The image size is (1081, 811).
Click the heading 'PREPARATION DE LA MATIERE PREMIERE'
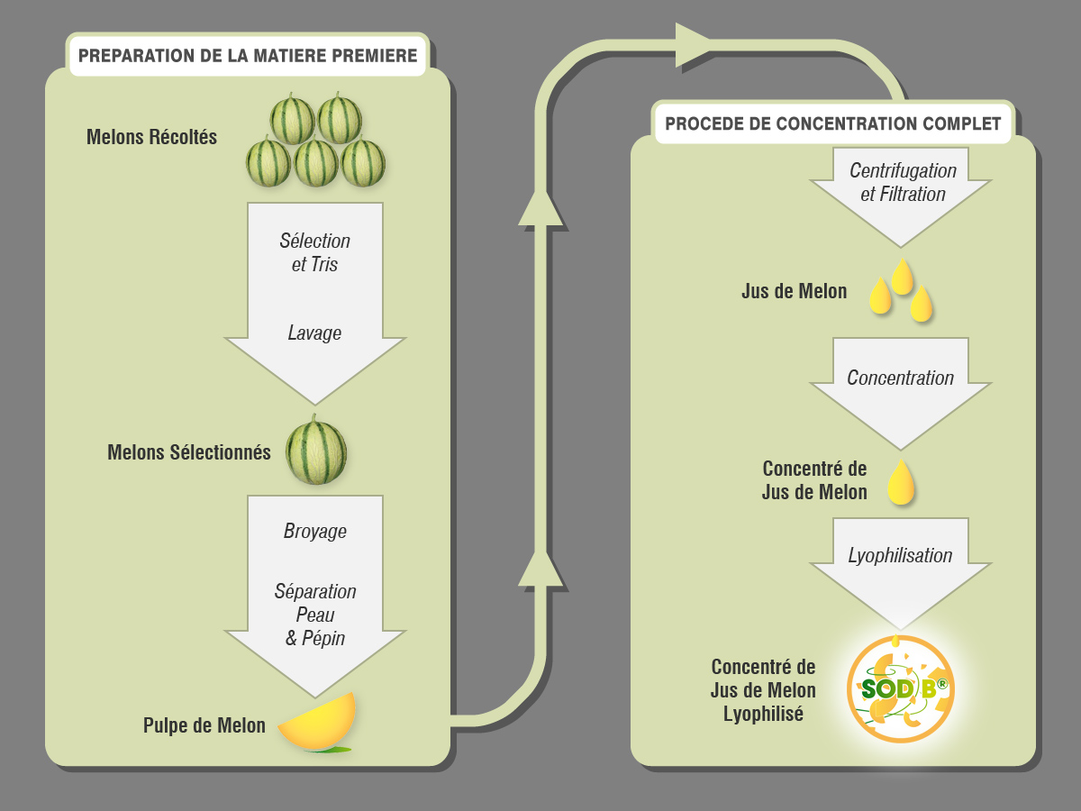(248, 56)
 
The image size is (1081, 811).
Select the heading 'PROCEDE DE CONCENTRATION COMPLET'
(832, 124)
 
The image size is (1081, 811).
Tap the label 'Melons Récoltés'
(151, 138)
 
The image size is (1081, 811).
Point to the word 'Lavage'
(314, 333)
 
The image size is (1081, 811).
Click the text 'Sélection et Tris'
(314, 253)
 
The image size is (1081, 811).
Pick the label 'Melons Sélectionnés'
(189, 452)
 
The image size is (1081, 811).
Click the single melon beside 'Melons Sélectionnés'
(316, 451)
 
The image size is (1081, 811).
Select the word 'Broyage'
(314, 532)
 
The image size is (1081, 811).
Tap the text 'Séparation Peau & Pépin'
(315, 615)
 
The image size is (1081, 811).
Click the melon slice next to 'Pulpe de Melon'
(318, 724)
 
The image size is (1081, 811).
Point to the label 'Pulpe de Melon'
(204, 725)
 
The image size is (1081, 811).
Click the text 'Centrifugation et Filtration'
(903, 182)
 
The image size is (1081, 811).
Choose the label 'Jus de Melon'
(795, 291)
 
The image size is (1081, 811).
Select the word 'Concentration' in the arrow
(900, 378)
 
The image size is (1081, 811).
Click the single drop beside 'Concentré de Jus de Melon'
(901, 482)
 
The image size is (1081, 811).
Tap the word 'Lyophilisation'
(900, 555)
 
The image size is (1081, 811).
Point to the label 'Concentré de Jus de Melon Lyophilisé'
(764, 690)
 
